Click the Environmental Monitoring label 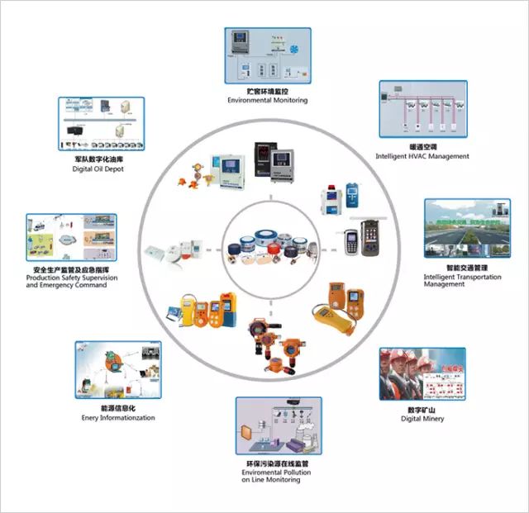pyautogui.click(x=267, y=100)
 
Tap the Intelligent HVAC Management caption pyautogui.click(x=422, y=155)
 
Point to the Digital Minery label pyautogui.click(x=422, y=419)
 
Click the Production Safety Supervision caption pyautogui.click(x=72, y=278)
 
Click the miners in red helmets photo pyautogui.click(x=422, y=373)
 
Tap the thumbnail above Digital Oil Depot pyautogui.click(x=101, y=123)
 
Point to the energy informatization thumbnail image pyautogui.click(x=117, y=370)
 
